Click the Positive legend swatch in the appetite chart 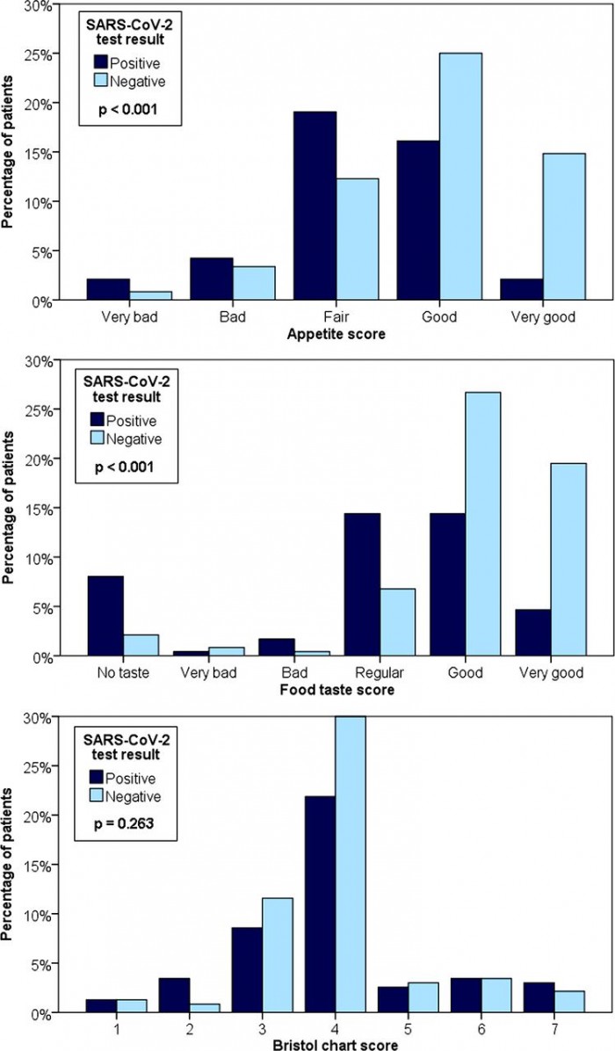click(102, 62)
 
